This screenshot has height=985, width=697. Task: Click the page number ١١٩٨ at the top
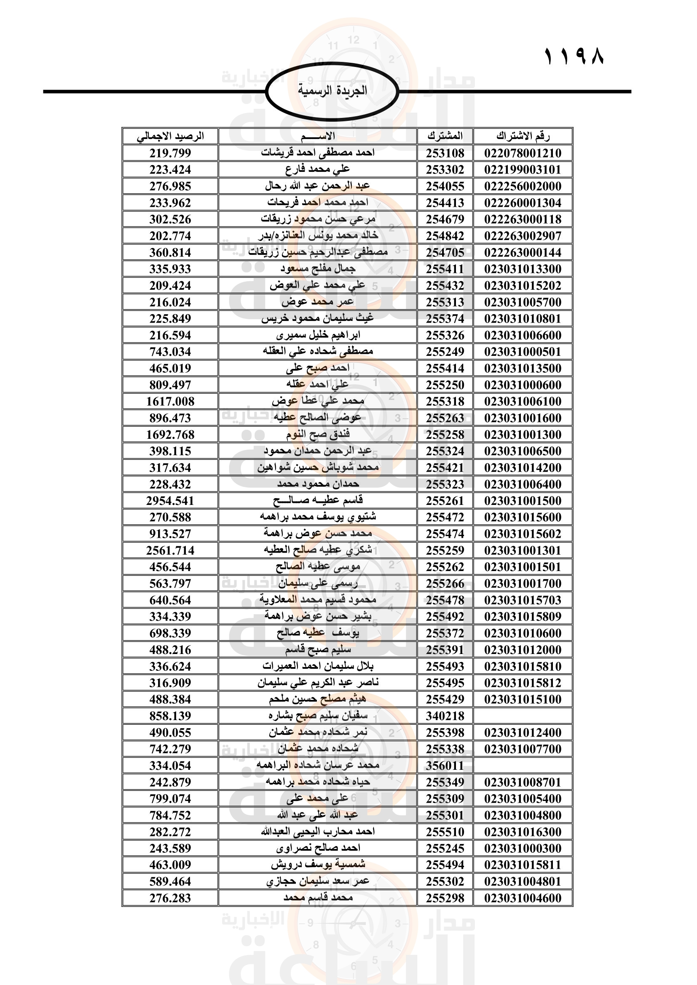[x=574, y=56]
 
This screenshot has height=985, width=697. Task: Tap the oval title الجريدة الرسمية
[x=332, y=91]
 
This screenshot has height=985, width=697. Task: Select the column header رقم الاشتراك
[x=523, y=136]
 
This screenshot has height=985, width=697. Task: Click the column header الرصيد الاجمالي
[x=170, y=136]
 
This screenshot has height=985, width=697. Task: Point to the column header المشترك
[x=445, y=136]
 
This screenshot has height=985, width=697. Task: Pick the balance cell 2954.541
[x=170, y=501]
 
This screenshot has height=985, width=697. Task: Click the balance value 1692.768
[x=170, y=435]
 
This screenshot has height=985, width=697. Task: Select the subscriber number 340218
[x=445, y=716]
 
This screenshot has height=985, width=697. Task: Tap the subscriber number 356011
[x=445, y=766]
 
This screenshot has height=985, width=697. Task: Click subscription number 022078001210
[x=523, y=153]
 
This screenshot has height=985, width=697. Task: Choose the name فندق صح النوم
[x=318, y=435]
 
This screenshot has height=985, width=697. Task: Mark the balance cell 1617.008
[x=170, y=402]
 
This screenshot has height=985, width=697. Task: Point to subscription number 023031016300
[x=523, y=832]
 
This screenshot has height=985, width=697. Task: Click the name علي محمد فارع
[x=318, y=169]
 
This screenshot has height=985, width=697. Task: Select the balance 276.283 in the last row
[x=170, y=898]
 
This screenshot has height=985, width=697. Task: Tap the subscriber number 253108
[x=445, y=153]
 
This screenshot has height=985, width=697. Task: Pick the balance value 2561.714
[x=170, y=550]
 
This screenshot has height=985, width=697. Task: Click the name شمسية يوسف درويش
[x=318, y=865]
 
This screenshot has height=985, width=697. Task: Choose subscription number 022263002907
[x=523, y=236]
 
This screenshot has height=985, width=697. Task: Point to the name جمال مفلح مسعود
[x=318, y=269]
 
